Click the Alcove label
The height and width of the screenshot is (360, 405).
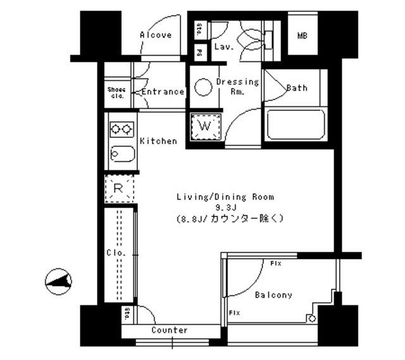point(155,35)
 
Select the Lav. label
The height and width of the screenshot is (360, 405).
point(224,47)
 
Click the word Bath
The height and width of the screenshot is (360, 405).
point(297,88)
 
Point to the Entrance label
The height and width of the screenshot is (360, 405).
point(163,92)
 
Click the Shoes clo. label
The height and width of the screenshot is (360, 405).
point(117,92)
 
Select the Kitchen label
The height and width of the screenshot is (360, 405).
point(158,140)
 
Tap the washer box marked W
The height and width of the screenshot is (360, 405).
point(204,126)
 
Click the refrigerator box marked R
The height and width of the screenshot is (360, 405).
point(118,188)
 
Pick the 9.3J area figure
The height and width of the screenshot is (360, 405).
point(225,207)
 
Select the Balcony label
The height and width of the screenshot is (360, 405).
point(273,295)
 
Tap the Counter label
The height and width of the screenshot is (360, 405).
point(169,330)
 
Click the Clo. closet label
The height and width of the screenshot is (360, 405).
point(116,253)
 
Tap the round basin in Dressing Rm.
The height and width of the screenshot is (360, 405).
point(203,87)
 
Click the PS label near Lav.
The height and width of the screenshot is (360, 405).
point(199,52)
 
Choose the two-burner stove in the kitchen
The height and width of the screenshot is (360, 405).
point(121,129)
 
